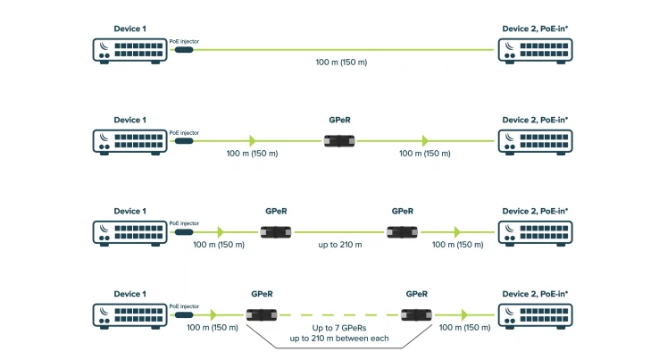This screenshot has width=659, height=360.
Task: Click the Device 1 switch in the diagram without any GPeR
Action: tap(129, 50)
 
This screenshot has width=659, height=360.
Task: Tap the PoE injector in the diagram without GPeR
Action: tap(183, 50)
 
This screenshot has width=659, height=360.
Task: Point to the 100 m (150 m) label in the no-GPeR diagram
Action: tap(342, 63)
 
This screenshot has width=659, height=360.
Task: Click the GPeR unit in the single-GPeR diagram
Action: tap(340, 140)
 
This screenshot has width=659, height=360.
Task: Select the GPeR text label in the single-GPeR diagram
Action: tap(340, 120)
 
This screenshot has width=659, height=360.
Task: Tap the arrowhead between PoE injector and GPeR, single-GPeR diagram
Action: tap(253, 140)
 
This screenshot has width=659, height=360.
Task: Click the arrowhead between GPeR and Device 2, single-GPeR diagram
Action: tap(426, 140)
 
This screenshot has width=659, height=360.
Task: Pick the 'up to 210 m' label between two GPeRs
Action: tap(340, 244)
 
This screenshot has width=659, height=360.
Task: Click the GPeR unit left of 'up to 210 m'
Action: tap(276, 231)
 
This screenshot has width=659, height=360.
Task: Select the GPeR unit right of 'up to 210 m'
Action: tap(402, 231)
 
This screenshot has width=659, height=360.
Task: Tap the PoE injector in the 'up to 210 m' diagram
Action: tap(183, 231)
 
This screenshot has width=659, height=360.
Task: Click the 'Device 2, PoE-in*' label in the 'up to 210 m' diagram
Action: tap(535, 211)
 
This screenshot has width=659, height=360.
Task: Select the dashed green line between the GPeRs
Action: tap(339, 314)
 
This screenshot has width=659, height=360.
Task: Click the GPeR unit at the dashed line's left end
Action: tap(262, 314)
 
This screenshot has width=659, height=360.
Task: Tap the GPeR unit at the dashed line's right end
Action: tap(416, 314)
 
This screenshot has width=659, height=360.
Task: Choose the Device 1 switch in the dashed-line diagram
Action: tap(129, 314)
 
